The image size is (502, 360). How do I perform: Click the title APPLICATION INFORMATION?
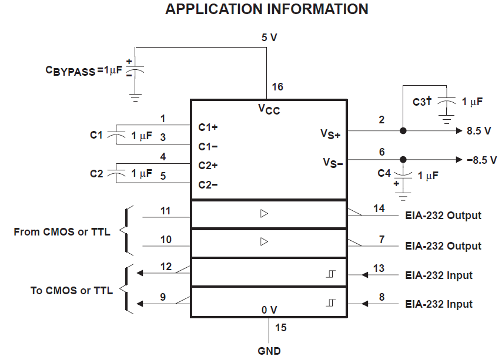point(267,9)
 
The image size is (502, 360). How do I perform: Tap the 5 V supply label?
point(269,38)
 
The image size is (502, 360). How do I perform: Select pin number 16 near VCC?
point(277,87)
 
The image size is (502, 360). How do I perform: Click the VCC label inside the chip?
point(269,109)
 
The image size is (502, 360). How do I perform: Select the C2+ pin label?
point(208,166)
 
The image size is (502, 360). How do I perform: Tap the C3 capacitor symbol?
point(447,102)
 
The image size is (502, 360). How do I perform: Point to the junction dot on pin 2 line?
point(403,131)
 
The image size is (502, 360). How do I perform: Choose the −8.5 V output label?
point(481,160)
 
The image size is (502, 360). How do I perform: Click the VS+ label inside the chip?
point(330,134)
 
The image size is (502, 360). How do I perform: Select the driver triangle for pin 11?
point(264,214)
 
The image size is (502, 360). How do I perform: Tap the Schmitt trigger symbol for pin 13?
point(332,274)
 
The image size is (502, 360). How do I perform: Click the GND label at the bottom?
point(269,351)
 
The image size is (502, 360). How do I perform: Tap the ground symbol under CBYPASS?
point(135,97)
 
